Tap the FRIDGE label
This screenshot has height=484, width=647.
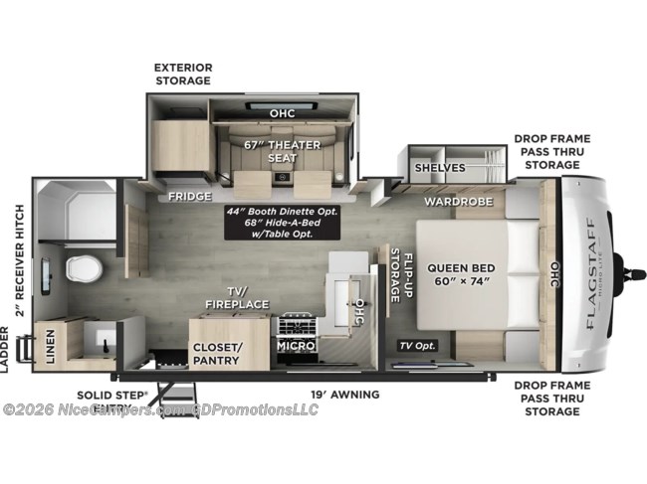(x=189, y=196)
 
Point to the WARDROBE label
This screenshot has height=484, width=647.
(x=452, y=202)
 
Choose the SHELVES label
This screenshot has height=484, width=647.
(x=440, y=167)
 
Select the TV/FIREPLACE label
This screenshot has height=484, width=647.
(x=232, y=294)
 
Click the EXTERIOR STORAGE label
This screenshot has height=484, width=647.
(x=182, y=74)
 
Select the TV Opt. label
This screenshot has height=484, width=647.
(x=418, y=346)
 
